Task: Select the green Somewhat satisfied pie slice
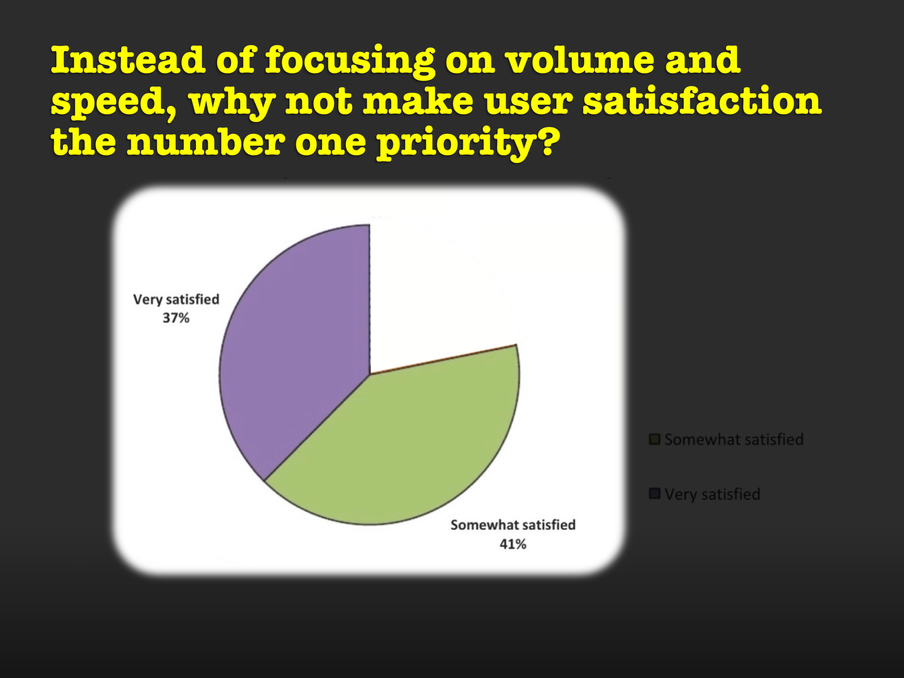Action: [x=405, y=445]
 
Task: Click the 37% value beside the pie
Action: [x=176, y=318]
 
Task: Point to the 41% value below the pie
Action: [x=513, y=544]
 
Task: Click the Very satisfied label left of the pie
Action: [x=176, y=299]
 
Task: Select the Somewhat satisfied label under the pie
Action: [x=513, y=525]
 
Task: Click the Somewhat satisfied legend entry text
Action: [x=734, y=440]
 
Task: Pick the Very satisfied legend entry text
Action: [x=712, y=494]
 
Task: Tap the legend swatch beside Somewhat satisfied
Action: [x=655, y=439]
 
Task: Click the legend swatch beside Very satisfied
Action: [x=655, y=494]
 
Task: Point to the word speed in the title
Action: [x=114, y=102]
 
